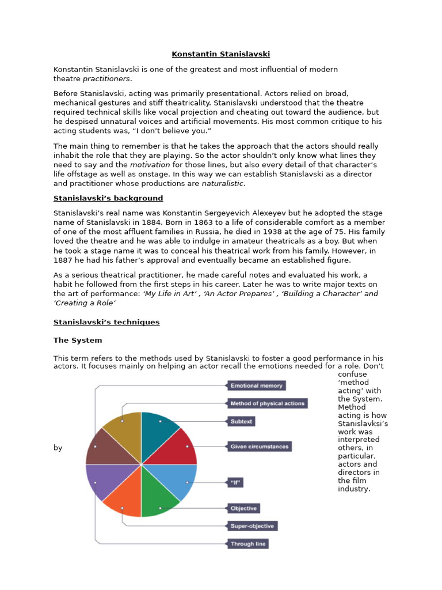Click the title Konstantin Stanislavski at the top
(x=220, y=54)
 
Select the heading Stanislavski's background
(x=108, y=198)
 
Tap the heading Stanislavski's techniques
(x=106, y=322)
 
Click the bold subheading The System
(x=78, y=341)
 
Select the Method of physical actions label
(x=266, y=403)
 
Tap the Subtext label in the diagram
(x=241, y=421)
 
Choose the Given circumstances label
(x=259, y=446)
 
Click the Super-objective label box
(x=252, y=525)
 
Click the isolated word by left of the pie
(x=58, y=448)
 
